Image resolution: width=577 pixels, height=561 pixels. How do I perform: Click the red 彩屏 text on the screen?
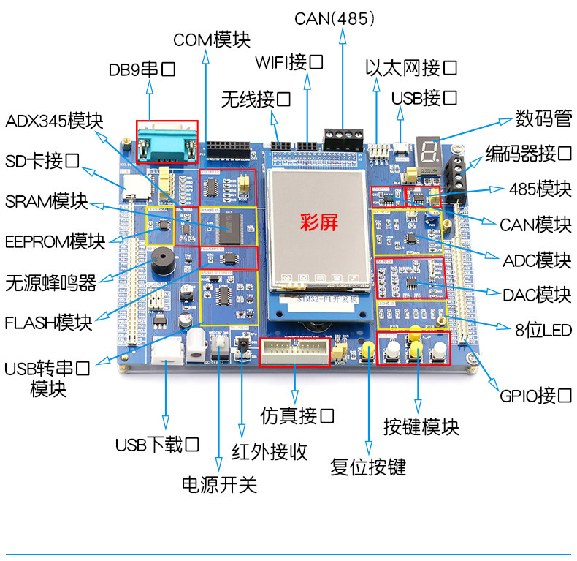[x=319, y=222]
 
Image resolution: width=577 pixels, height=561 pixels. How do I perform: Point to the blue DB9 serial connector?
[x=167, y=142]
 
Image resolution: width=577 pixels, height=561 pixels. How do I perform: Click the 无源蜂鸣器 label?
[x=51, y=283]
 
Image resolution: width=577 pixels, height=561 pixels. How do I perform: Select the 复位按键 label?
[x=368, y=467]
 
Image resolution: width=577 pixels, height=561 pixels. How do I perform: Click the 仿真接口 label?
[x=297, y=416]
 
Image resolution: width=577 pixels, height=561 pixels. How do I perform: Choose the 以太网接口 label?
[x=411, y=69]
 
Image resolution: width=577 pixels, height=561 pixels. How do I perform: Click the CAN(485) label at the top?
[x=335, y=18]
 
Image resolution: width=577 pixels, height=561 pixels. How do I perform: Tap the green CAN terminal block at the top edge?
[x=343, y=138]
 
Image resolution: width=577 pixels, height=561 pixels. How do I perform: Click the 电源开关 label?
[x=219, y=484]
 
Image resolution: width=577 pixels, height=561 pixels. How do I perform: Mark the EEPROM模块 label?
[x=55, y=241]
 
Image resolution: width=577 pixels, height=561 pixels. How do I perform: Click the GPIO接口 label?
[x=536, y=396]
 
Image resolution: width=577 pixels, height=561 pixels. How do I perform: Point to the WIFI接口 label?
[x=289, y=61]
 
